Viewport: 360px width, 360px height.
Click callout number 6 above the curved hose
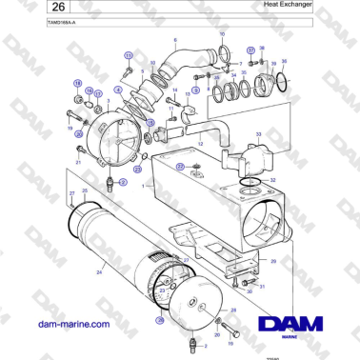tap(175, 41)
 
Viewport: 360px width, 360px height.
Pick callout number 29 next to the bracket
tap(274, 259)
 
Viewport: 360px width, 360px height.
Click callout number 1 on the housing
tap(143, 187)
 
